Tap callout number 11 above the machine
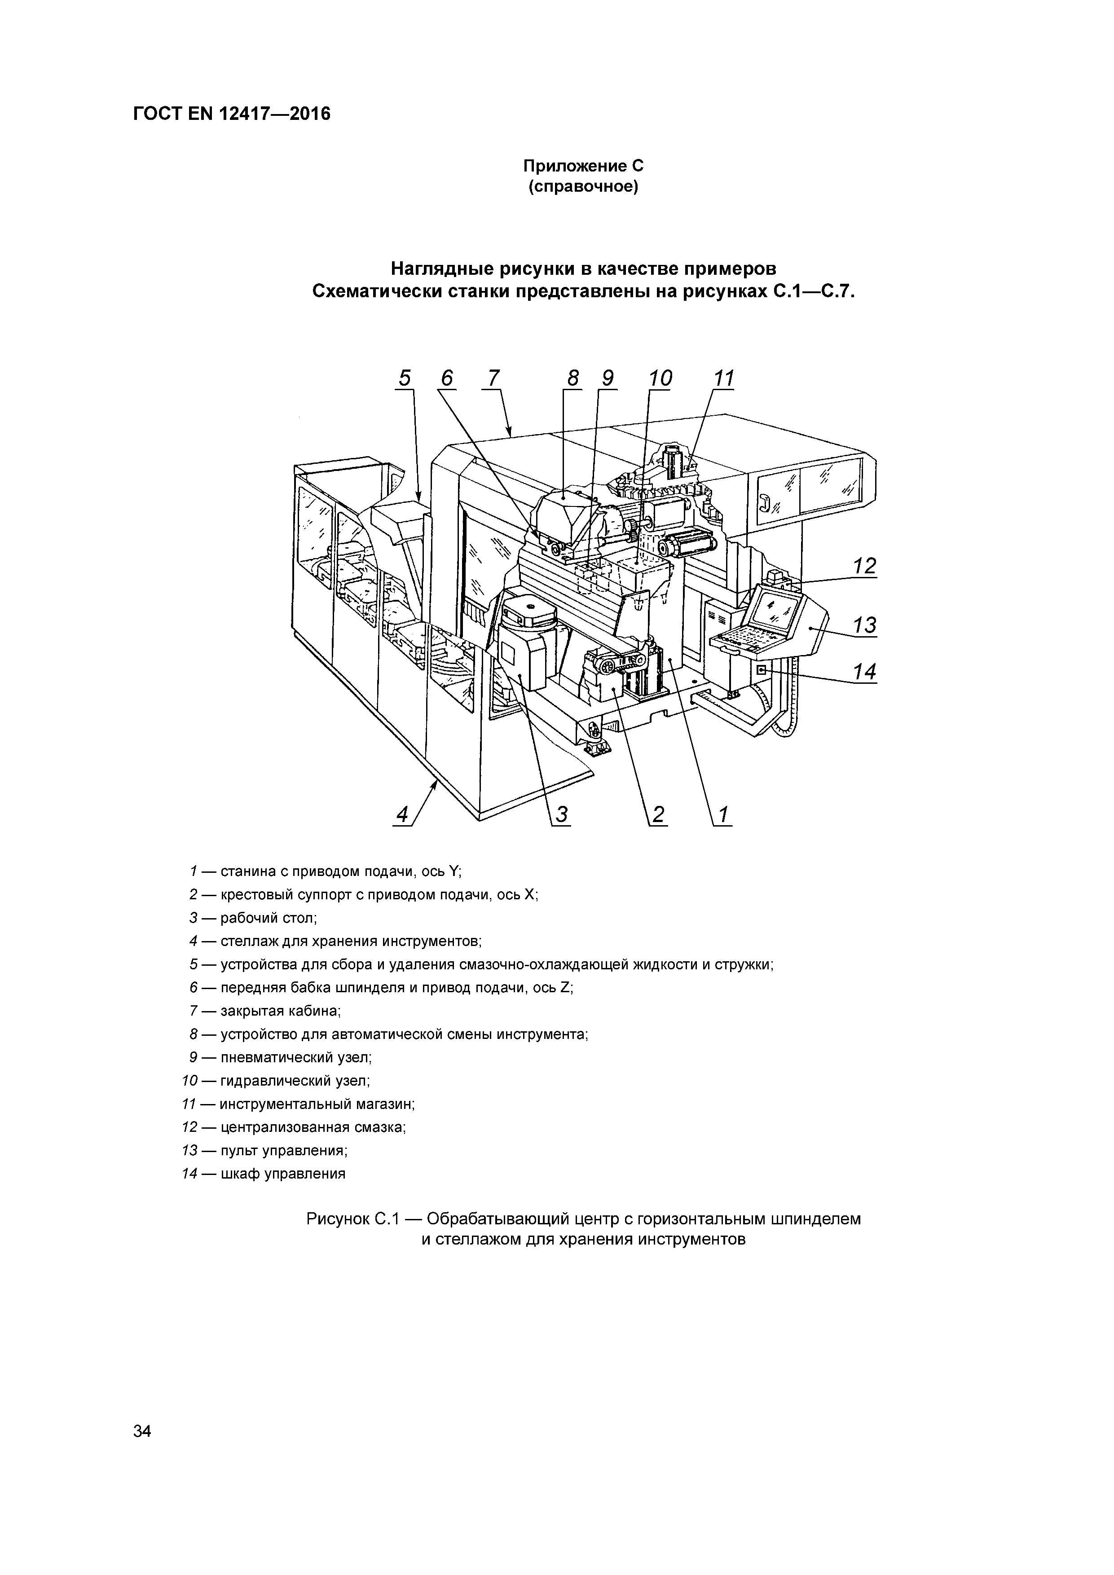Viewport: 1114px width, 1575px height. point(724,378)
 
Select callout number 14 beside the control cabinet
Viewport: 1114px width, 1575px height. point(865,672)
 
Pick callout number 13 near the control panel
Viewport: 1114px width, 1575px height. point(865,625)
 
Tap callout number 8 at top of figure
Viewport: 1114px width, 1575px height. point(573,378)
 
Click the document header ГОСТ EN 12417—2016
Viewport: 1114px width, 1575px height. point(231,113)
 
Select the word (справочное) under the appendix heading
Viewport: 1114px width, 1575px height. point(583,187)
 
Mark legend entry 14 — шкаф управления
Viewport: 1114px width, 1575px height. point(264,1174)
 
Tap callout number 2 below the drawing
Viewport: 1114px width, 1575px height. point(658,815)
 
